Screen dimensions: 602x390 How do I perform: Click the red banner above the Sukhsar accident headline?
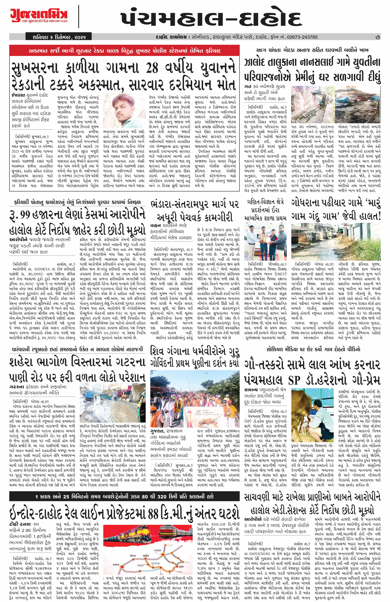[x=124, y=50]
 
